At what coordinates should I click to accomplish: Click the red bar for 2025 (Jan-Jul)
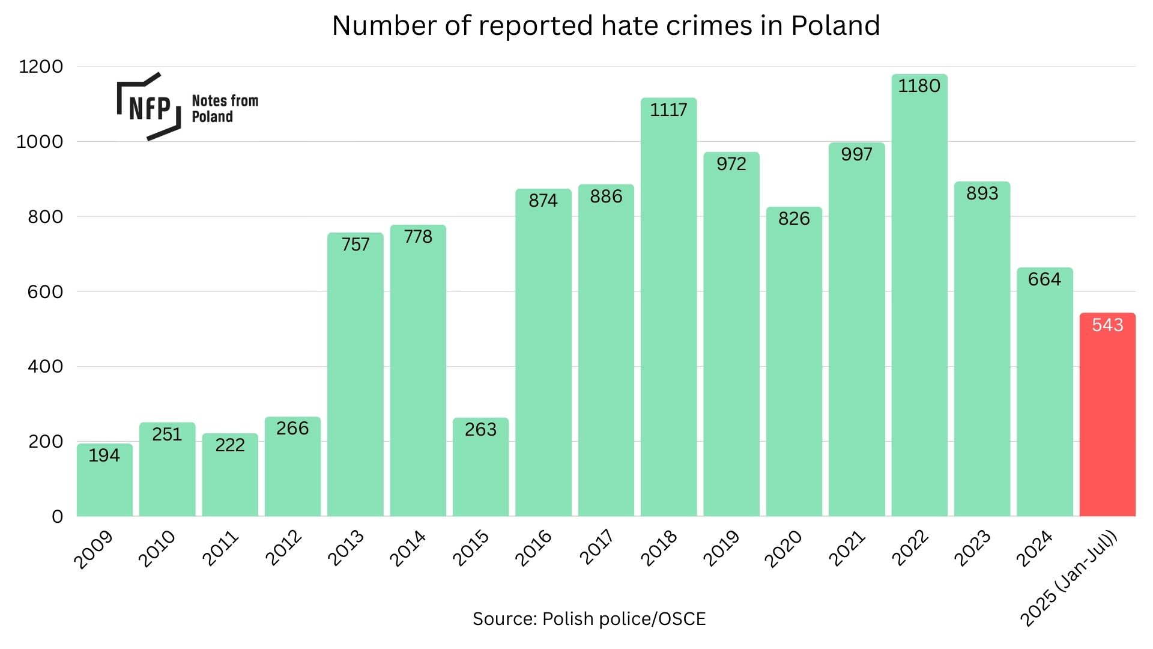(1107, 421)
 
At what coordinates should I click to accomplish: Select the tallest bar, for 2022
(919, 300)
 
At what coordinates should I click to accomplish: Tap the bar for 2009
(104, 487)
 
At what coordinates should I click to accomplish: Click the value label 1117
(668, 110)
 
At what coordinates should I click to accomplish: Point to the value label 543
(1107, 325)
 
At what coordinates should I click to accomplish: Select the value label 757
(355, 245)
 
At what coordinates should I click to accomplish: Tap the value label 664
(1044, 279)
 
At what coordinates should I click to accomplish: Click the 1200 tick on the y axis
(41, 67)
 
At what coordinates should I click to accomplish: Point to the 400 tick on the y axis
(45, 367)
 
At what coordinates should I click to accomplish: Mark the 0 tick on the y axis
(57, 517)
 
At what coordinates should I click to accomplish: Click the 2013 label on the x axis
(346, 547)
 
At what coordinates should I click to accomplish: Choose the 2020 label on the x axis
(783, 548)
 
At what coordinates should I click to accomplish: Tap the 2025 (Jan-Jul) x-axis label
(1069, 578)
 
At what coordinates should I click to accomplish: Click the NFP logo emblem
(149, 107)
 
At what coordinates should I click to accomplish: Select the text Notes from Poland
(225, 109)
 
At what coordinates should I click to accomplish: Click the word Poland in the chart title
(835, 26)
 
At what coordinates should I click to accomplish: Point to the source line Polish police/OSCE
(589, 619)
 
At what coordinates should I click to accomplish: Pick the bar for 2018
(668, 312)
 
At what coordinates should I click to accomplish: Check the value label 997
(856, 154)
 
